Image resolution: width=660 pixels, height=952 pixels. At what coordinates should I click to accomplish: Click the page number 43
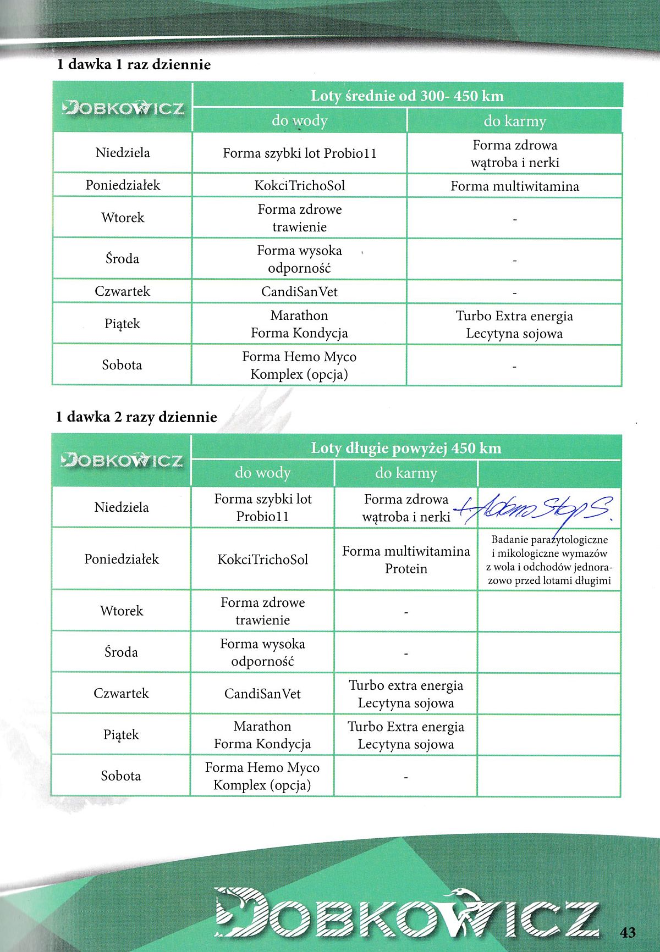coord(628,931)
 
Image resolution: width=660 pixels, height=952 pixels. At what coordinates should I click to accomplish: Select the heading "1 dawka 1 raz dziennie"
coord(134,64)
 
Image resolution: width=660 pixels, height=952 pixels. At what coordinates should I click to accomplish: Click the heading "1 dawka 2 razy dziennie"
coord(136,417)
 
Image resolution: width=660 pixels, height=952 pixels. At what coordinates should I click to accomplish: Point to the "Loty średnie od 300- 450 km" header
coord(407,96)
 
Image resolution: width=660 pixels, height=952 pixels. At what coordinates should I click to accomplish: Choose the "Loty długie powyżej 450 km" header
coord(406,448)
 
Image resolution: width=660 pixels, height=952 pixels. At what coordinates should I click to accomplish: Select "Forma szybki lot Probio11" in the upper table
coord(300,153)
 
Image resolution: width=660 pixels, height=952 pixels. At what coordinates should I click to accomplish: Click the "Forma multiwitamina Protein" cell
coord(406,560)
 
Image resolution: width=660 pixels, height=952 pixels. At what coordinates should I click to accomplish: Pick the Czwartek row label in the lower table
coord(121,693)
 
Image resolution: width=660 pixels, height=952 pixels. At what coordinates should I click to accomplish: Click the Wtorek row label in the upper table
coord(123,218)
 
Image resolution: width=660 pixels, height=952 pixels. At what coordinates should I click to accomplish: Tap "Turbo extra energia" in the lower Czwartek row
coord(406,685)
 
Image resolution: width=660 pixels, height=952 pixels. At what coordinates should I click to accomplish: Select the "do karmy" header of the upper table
coord(515,121)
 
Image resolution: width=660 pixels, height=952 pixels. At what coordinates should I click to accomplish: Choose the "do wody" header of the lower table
coord(262,473)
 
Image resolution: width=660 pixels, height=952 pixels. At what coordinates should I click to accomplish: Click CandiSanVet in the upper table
coord(300,291)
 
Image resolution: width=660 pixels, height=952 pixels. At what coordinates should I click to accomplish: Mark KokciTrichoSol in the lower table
coord(262,560)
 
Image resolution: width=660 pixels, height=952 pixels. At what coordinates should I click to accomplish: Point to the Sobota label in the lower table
coord(121,776)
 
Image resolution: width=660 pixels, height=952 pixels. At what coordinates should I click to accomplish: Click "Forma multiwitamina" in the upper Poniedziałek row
coord(515,186)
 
